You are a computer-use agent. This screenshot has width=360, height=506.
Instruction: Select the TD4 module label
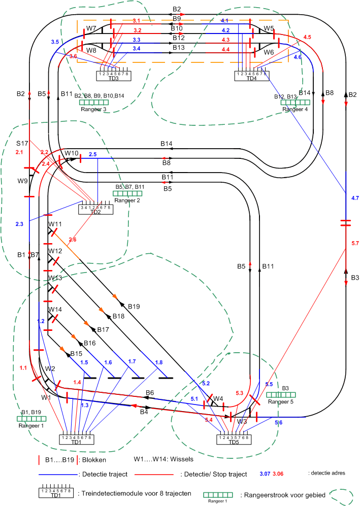pyautogui.click(x=252, y=78)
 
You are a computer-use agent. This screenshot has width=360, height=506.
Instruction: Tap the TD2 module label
pyautogui.click(x=95, y=212)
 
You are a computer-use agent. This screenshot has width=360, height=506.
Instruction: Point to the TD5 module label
pyautogui.click(x=234, y=442)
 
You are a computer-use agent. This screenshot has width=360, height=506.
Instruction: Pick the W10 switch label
pyautogui.click(x=71, y=153)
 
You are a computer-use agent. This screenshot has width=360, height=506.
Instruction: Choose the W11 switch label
pyautogui.click(x=55, y=224)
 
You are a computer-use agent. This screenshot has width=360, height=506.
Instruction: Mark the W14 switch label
pyautogui.click(x=55, y=309)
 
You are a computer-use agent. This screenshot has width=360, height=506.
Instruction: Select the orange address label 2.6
pyautogui.click(x=73, y=240)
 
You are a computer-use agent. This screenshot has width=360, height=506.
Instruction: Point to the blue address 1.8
pyautogui.click(x=158, y=362)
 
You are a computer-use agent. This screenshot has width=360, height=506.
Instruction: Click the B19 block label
pyautogui.click(x=134, y=307)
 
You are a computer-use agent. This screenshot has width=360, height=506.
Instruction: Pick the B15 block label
pyautogui.click(x=76, y=353)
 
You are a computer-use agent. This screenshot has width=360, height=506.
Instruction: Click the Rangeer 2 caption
pyautogui.click(x=127, y=200)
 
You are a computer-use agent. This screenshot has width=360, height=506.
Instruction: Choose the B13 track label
pyautogui.click(x=178, y=47)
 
